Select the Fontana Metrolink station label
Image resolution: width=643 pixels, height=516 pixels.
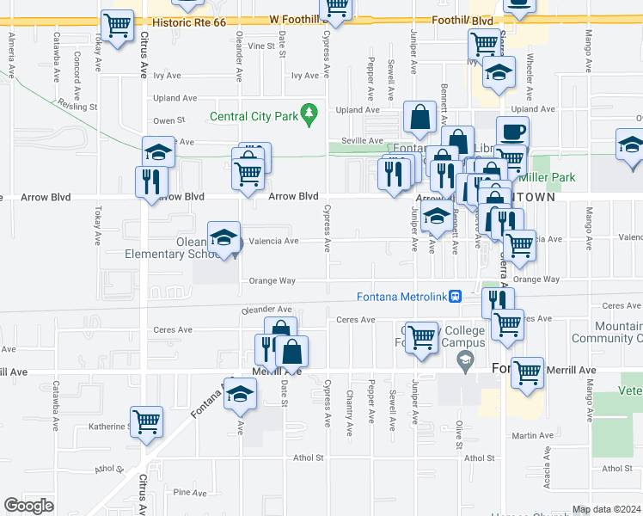(x=402, y=297)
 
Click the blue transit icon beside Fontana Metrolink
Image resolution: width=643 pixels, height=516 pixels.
(x=456, y=297)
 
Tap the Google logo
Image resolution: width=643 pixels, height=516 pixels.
(x=29, y=505)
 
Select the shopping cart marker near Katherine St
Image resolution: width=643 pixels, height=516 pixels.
(x=147, y=421)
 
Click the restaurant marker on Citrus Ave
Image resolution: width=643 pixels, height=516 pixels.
(x=152, y=181)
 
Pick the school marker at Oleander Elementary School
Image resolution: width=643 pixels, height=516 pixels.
(x=224, y=236)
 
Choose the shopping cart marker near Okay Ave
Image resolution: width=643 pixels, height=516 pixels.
(x=117, y=25)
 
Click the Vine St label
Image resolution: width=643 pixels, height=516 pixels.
(x=259, y=46)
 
